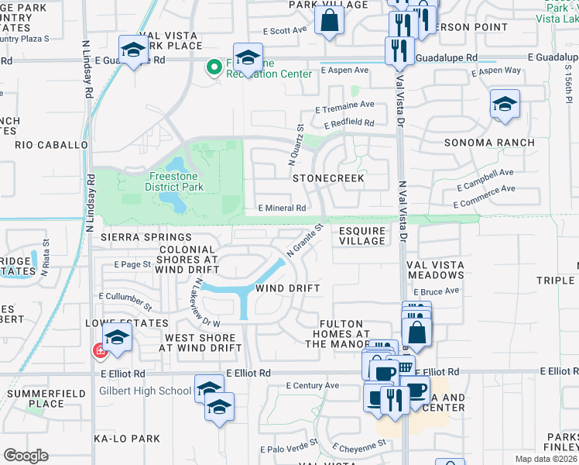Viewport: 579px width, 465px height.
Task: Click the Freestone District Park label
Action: coord(176,181)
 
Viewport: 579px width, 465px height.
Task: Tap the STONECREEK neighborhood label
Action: coord(328,178)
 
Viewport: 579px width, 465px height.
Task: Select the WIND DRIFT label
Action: coord(288,288)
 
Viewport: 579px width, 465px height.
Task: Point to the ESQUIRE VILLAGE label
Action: coord(362,236)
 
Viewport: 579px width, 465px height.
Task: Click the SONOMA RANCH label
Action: coord(488,143)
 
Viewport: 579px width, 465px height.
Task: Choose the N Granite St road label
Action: coord(303,240)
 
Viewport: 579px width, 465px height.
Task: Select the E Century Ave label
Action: coord(312,385)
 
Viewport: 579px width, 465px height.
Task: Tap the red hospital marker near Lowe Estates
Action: coord(99,351)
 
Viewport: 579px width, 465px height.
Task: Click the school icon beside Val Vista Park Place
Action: coord(134,50)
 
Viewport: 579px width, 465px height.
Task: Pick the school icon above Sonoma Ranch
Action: coord(505,104)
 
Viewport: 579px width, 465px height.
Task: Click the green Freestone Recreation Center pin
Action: coord(214,67)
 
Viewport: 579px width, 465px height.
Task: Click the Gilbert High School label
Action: coord(145,391)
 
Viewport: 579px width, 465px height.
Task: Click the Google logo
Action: coord(26,455)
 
